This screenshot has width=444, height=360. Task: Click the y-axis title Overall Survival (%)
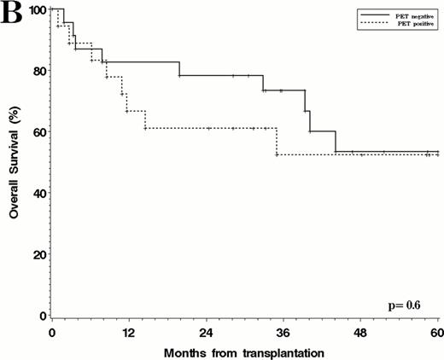(15, 162)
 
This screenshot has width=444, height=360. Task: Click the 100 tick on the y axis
(35, 9)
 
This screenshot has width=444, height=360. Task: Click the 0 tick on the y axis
(40, 316)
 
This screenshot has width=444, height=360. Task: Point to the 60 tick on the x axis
(436, 331)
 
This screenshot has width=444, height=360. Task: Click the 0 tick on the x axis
(52, 331)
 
